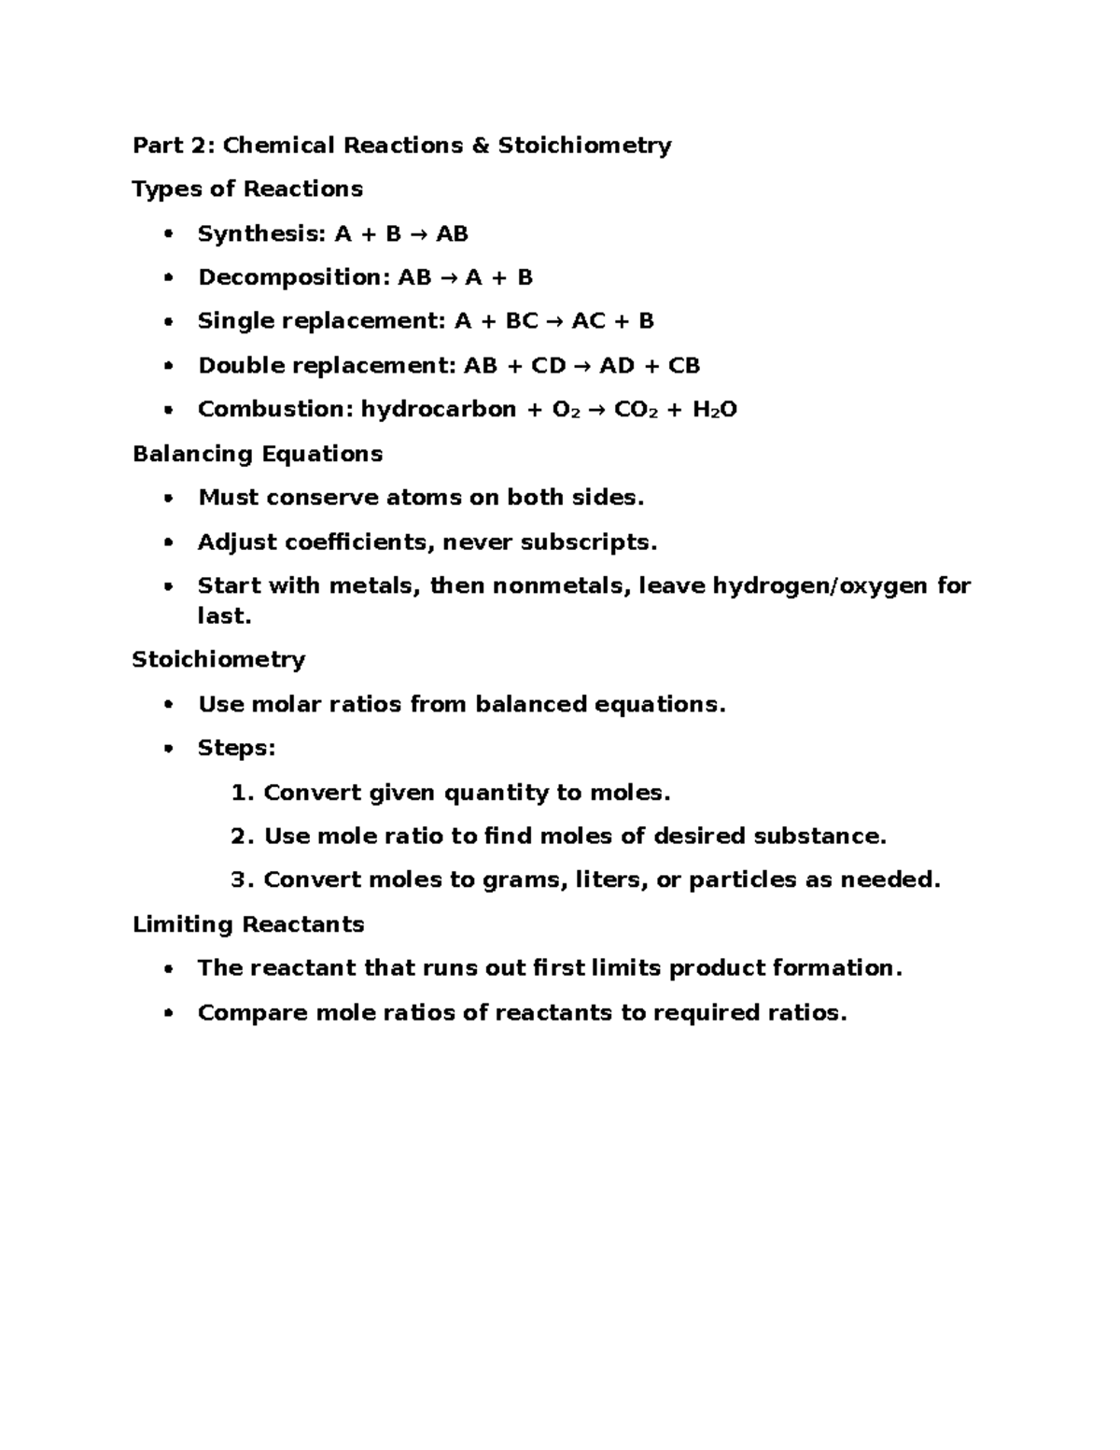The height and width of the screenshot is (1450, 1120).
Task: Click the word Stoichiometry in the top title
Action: point(584,146)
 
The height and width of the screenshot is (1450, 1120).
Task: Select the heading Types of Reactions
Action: point(247,190)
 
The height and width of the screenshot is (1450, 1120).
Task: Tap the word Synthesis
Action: point(258,234)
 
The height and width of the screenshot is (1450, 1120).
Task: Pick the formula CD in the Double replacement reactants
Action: point(548,366)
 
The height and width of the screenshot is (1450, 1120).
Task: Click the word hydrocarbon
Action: point(438,410)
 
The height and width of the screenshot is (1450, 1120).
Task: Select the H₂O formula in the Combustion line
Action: point(714,410)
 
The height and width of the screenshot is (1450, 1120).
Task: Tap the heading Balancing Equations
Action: point(258,455)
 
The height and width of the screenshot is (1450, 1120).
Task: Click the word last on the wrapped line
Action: point(223,616)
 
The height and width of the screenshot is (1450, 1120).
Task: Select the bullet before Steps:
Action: point(168,749)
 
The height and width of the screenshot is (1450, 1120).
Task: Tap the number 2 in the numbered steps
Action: point(238,837)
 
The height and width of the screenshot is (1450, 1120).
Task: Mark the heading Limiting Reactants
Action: point(248,925)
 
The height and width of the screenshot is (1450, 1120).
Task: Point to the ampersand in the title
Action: point(481,146)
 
